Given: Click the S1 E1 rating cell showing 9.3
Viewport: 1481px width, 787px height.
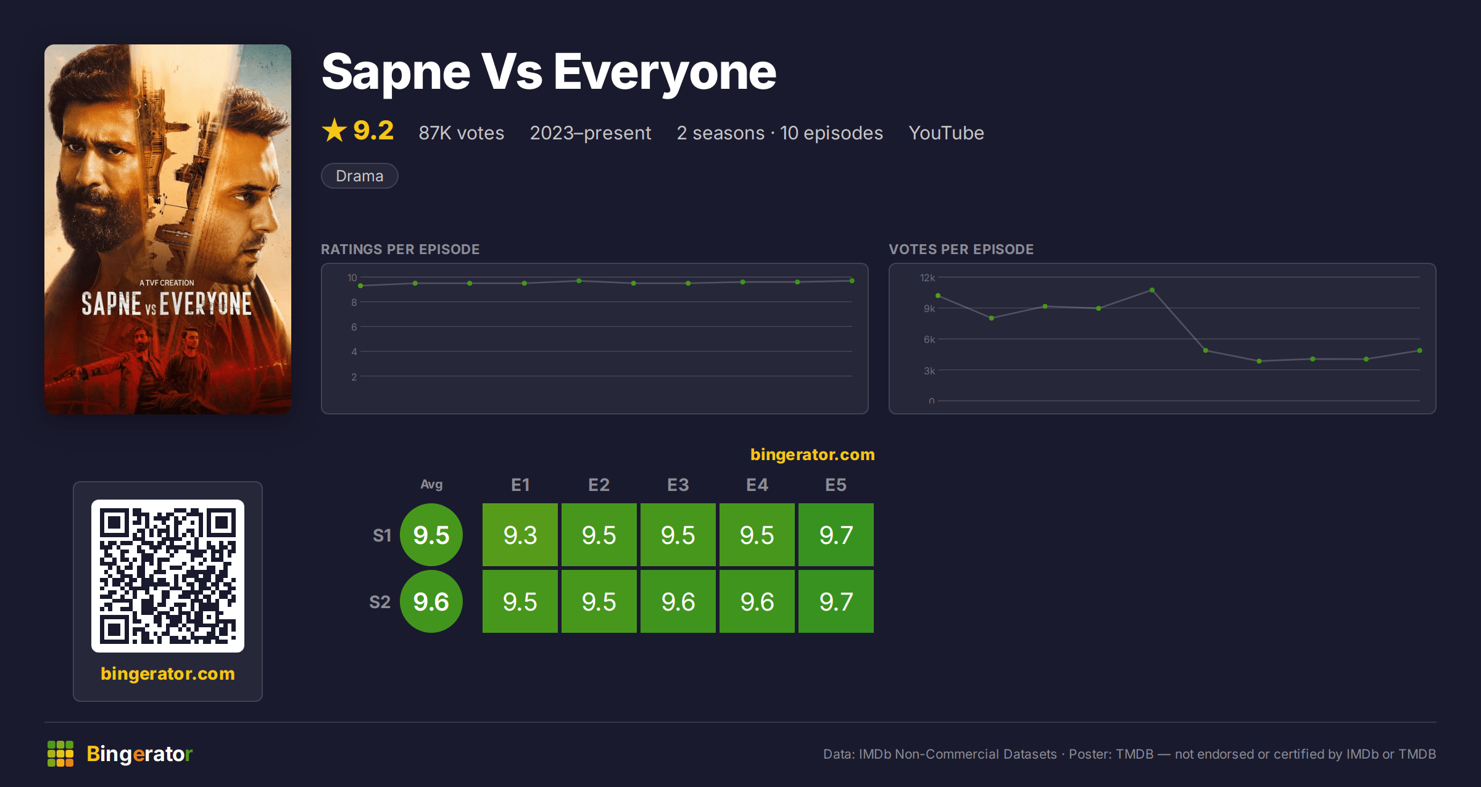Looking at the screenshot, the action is [x=520, y=535].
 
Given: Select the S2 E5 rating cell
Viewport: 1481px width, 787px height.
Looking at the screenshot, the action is [x=836, y=601].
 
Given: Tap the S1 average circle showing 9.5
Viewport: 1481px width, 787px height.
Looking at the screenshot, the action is [x=431, y=535].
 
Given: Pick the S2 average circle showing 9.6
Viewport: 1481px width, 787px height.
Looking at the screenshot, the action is [x=431, y=601].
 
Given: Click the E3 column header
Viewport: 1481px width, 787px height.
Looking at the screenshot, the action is [x=678, y=485].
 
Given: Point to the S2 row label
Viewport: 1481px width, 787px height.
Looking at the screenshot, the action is [x=380, y=602].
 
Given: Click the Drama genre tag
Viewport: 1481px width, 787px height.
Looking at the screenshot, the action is [x=360, y=176].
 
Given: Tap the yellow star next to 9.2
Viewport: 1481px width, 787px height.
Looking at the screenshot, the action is [x=334, y=130].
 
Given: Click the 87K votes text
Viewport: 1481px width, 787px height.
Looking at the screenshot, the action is [x=462, y=133].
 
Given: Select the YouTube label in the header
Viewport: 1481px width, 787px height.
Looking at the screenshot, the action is [x=946, y=133].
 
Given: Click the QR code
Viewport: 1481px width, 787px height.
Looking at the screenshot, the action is [x=168, y=576].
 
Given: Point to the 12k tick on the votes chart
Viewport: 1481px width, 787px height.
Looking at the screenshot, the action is [x=927, y=278].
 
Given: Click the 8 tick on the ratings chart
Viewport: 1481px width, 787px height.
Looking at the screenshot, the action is [x=354, y=302].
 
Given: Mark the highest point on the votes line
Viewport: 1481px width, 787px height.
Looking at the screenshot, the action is [x=1152, y=290].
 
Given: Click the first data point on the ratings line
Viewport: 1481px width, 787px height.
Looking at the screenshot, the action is [x=360, y=286].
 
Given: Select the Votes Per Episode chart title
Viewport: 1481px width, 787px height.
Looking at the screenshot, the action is [x=961, y=249].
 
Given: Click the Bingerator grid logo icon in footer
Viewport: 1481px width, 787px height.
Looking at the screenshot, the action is [x=60, y=754].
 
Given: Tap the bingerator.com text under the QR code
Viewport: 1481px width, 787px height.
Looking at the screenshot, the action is [x=168, y=674].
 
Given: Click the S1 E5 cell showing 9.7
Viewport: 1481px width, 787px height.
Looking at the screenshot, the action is [x=836, y=535].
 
